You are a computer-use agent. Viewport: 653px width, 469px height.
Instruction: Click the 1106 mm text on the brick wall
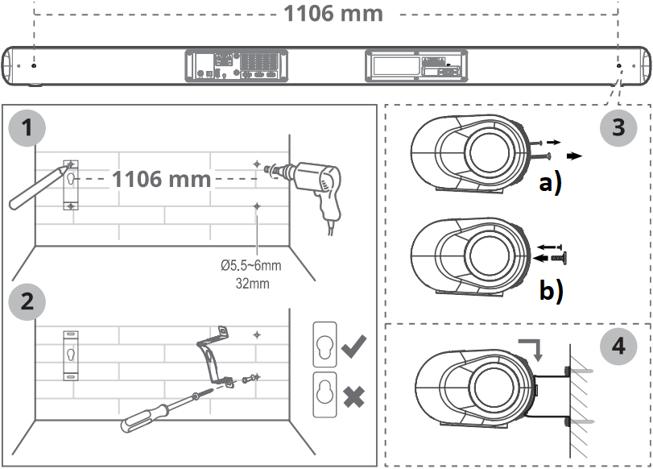point(162,178)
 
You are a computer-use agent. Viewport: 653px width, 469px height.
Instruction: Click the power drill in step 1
point(318,182)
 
